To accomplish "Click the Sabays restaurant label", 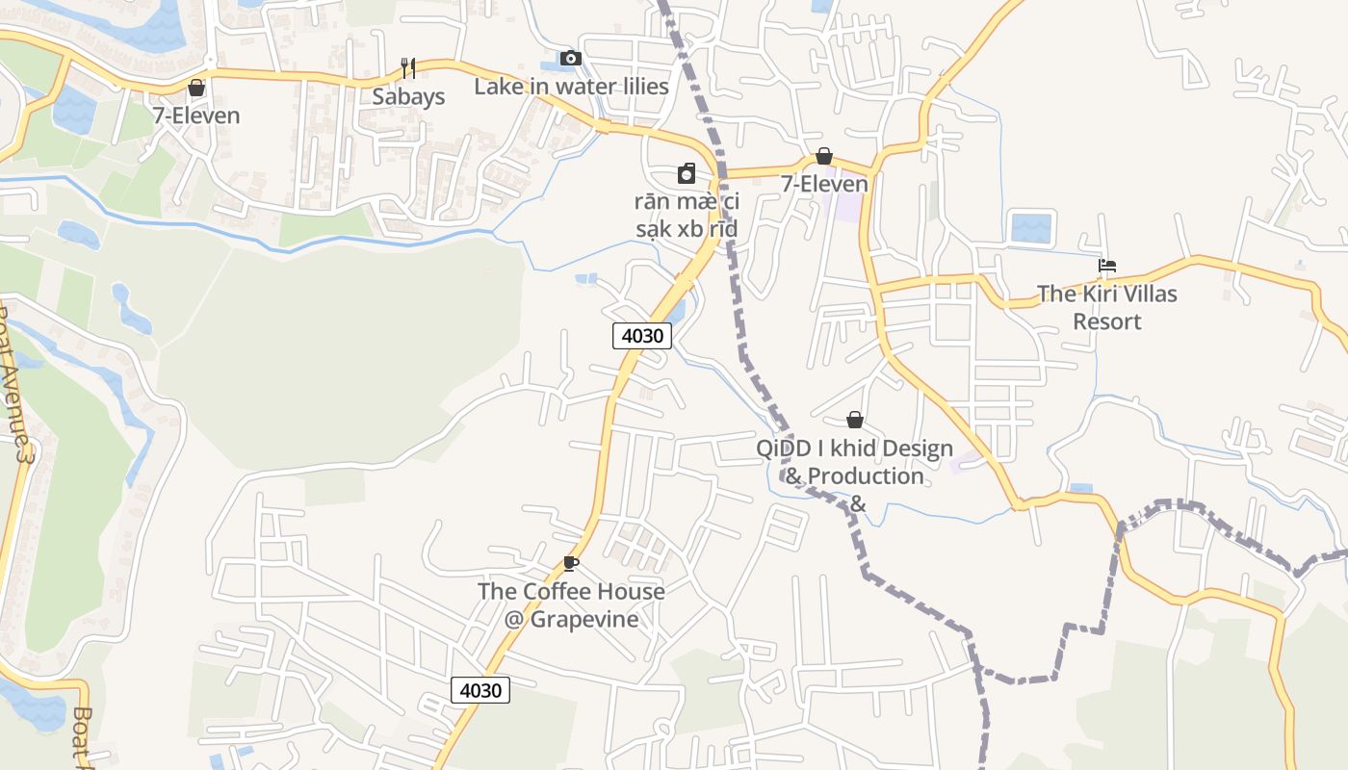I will [x=408, y=96].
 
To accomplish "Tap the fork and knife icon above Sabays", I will [x=408, y=68].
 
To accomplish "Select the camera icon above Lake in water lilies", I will [x=571, y=59].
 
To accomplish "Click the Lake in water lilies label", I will [x=571, y=87].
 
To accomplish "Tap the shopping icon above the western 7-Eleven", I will [x=196, y=88].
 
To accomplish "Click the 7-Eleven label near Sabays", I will [x=196, y=115].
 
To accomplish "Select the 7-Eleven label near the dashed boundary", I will [x=824, y=184].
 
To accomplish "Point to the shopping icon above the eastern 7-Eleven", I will [x=824, y=156].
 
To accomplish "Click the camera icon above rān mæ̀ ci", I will [x=687, y=173].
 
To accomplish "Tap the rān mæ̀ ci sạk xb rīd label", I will [x=687, y=215].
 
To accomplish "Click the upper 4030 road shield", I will [x=642, y=335].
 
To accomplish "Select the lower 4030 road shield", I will [x=480, y=690].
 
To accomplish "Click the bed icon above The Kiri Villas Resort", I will [x=1107, y=266].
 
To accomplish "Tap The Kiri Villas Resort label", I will [x=1107, y=307].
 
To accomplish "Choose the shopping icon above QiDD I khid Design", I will [x=854, y=420].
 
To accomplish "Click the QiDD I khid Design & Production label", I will [x=854, y=462].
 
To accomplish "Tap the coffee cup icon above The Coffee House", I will [x=571, y=563].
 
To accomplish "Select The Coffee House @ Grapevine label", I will [x=571, y=604].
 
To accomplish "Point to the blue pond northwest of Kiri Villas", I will [x=1032, y=228].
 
